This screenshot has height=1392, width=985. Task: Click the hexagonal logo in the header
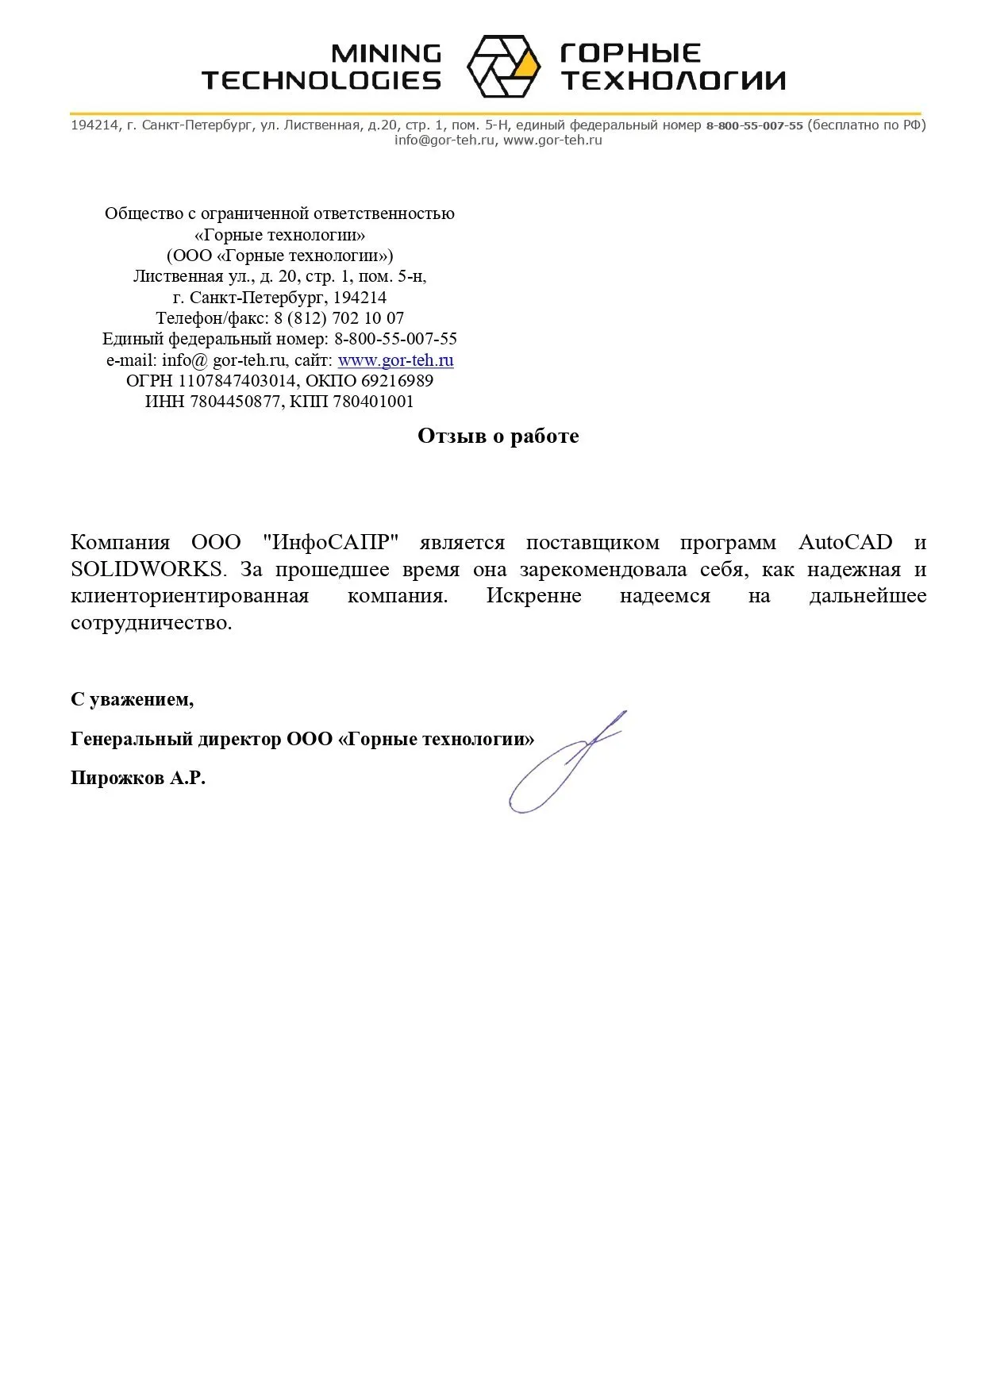coord(503,66)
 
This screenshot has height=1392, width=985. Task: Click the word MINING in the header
coord(386,53)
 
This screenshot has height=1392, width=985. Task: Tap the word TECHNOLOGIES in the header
coord(321,80)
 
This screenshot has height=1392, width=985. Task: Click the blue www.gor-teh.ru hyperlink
coord(395,360)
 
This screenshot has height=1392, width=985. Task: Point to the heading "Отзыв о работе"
coord(498,436)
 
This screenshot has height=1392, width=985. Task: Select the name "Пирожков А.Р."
coord(138,778)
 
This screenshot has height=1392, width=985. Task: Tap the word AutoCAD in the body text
coord(845,543)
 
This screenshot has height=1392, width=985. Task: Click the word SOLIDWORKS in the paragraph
coord(147,570)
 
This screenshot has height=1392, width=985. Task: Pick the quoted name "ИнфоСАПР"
coord(329,543)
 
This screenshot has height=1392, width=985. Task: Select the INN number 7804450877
coord(236,402)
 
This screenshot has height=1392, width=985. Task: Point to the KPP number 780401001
coord(373,402)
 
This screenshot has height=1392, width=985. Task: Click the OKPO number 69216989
coord(397,381)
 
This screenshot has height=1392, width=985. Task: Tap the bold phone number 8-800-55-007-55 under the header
coord(754,125)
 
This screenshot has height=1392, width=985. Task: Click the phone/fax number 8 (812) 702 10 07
coord(339,318)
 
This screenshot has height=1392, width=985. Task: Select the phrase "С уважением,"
coord(132,699)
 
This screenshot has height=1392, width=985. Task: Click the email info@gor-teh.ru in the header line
coord(445,140)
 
